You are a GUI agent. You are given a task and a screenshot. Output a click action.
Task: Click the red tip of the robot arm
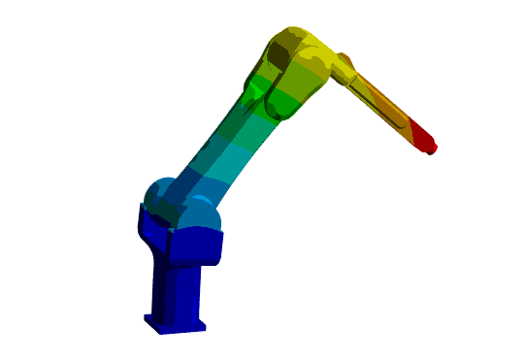tap(423, 137)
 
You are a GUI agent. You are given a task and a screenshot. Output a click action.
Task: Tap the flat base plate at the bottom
tap(176, 323)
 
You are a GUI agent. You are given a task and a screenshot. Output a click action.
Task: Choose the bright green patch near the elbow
tap(257, 91)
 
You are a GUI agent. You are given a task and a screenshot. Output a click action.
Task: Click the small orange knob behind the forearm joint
tap(346, 60)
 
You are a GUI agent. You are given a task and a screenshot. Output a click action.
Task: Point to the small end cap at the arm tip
tap(433, 149)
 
